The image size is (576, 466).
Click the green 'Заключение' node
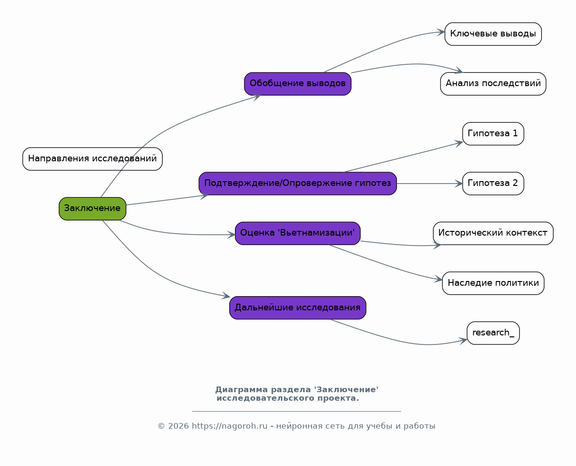pos(92,209)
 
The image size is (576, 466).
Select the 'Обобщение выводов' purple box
pos(298,84)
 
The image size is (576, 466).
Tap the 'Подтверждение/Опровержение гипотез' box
pos(298,184)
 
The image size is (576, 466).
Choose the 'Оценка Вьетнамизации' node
pos(298,233)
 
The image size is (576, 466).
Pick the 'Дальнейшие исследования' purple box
pos(298,308)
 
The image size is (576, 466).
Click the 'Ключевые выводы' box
pos(493,34)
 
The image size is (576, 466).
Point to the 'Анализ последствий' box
pos(493,84)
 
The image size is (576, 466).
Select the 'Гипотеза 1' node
pos(493,133)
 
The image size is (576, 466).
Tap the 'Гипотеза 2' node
pos(493,184)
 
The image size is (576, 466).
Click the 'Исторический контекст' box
pos(493,233)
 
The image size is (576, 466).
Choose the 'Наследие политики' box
pos(493,283)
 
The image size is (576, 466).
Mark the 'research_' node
pos(493,333)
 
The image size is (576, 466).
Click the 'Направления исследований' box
pos(92,159)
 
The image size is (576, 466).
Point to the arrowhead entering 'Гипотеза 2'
pos(459,184)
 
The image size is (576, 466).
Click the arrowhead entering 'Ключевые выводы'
pos(441,32)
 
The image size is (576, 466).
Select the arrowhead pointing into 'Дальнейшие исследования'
pos(226,296)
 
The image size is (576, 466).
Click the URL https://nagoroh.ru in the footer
pos(230,426)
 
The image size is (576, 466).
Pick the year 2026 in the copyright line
pos(179,426)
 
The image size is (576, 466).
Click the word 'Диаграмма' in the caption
pos(242,389)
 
